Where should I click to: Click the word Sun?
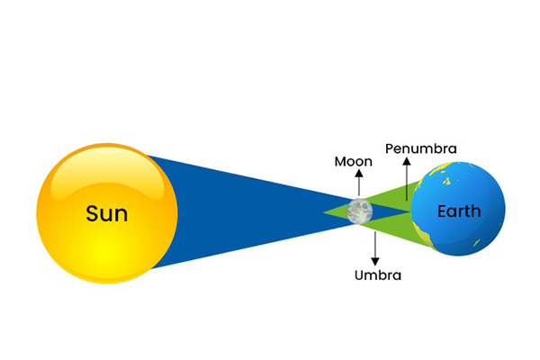pyautogui.click(x=106, y=214)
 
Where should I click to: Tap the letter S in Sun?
pyautogui.click(x=92, y=214)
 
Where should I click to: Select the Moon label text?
pyautogui.click(x=353, y=162)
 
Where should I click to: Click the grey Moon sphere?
pyautogui.click(x=360, y=211)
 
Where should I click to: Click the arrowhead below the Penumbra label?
pyautogui.click(x=407, y=161)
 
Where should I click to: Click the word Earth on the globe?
pyautogui.click(x=459, y=212)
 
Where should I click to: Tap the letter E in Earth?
pyautogui.click(x=442, y=212)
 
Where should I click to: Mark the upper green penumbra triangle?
pyautogui.click(x=396, y=199)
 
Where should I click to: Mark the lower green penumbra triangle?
pyautogui.click(x=396, y=227)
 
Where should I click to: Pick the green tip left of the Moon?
pyautogui.click(x=331, y=212)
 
